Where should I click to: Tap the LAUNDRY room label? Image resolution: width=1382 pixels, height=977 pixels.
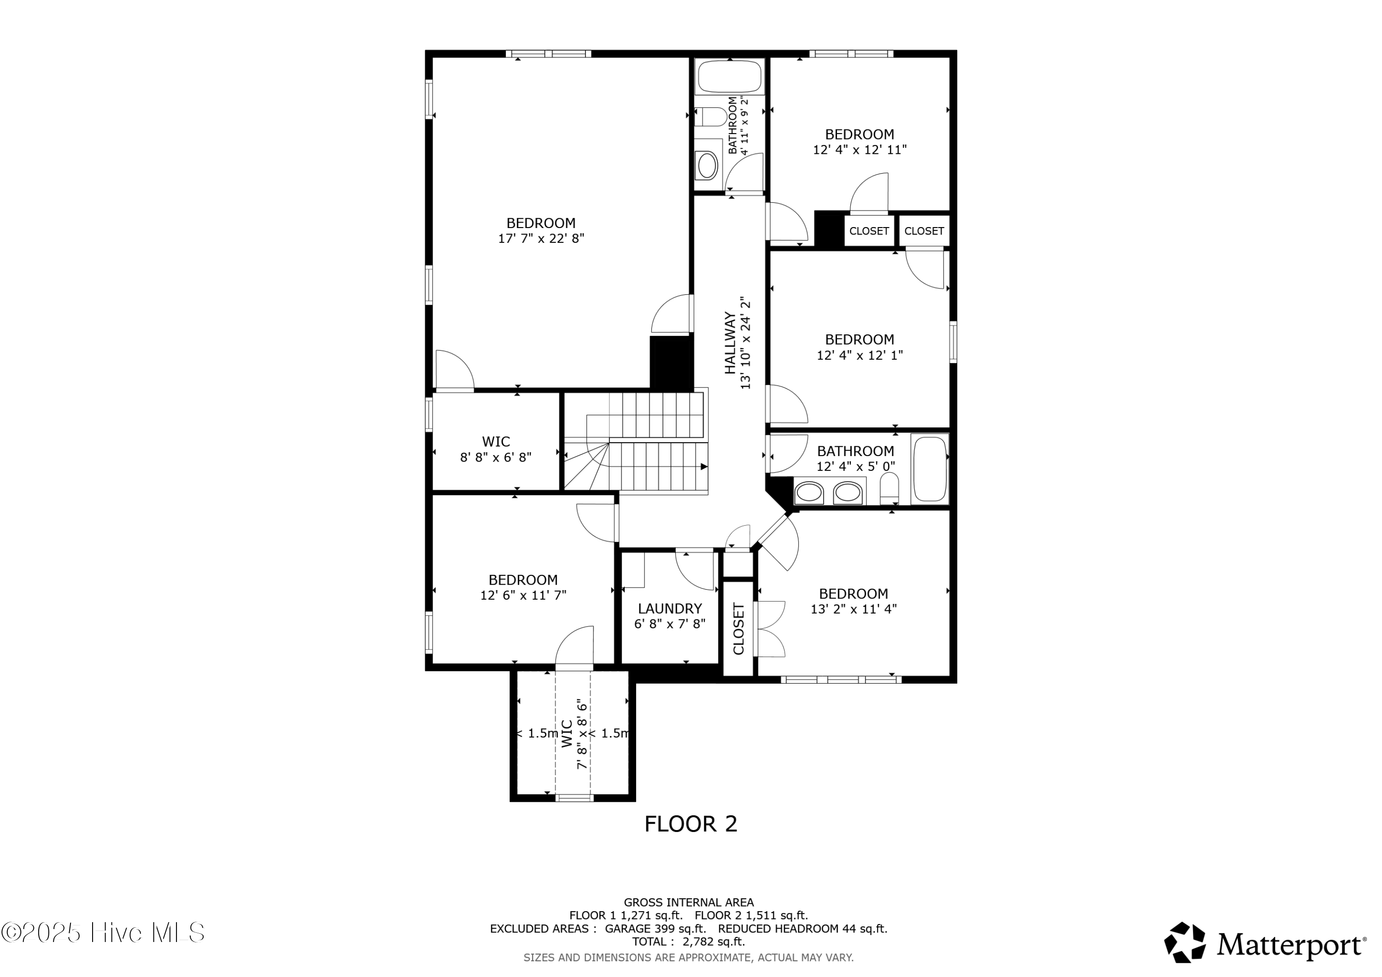[x=670, y=608]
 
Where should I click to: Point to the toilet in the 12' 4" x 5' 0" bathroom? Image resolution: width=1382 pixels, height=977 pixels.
[x=889, y=488]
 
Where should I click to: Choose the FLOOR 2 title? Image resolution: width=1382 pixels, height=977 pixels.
[x=691, y=824]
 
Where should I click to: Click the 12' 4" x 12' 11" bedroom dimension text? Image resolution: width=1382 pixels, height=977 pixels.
[x=860, y=150]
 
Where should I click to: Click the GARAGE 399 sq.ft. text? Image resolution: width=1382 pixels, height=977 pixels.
[x=655, y=929]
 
